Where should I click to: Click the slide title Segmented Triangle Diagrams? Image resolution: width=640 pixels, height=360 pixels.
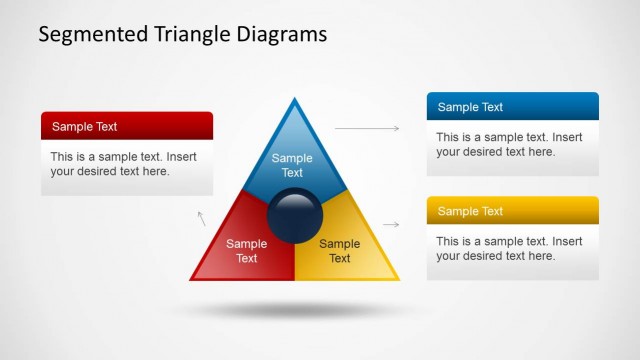[x=182, y=34]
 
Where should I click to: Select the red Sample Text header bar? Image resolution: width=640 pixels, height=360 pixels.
[x=127, y=126]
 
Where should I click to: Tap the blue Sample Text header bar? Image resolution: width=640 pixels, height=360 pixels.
[x=512, y=107]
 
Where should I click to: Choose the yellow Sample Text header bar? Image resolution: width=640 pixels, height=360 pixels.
[x=512, y=211]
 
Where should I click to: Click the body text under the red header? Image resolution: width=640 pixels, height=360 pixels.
[x=127, y=164]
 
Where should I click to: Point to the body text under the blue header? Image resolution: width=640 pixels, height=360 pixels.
[x=512, y=144]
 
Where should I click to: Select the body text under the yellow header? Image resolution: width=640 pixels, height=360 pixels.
[x=512, y=249]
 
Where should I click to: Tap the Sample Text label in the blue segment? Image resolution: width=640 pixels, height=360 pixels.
[x=292, y=165]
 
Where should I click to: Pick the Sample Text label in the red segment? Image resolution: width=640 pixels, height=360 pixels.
[x=246, y=251]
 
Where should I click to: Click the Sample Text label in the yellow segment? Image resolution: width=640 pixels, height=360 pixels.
[x=340, y=251]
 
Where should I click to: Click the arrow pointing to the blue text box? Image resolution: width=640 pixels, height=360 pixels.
[x=366, y=128]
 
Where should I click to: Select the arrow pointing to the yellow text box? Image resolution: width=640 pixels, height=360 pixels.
[x=391, y=225]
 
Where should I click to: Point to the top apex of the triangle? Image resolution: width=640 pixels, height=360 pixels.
[x=294, y=101]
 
